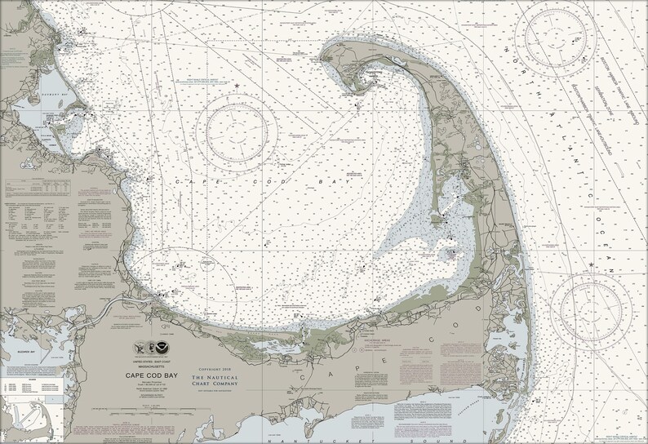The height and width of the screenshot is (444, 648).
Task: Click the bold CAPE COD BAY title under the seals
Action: (x=148, y=375)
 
